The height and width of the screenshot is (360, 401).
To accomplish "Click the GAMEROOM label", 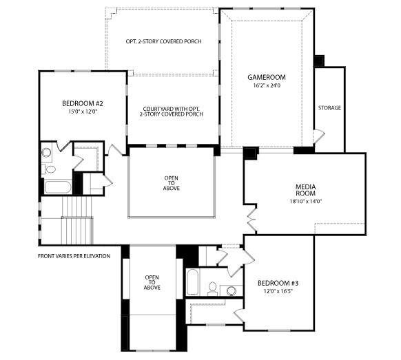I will [x=267, y=77].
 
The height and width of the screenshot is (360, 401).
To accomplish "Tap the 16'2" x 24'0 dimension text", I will [x=267, y=87].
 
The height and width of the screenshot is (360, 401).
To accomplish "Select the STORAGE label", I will [x=329, y=108].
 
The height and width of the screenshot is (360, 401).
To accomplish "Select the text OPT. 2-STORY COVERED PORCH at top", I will [x=163, y=41].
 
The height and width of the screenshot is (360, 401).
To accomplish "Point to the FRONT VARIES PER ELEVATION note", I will [x=74, y=256].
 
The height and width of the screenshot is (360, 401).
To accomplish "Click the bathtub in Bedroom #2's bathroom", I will [x=56, y=187].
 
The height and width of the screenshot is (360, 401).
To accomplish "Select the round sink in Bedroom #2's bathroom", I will [x=47, y=153].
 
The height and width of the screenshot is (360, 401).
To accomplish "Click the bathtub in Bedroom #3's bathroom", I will [x=193, y=283].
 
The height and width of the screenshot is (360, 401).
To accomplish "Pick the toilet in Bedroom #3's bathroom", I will [x=213, y=288].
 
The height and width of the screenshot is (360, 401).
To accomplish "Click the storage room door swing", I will [x=318, y=136].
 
